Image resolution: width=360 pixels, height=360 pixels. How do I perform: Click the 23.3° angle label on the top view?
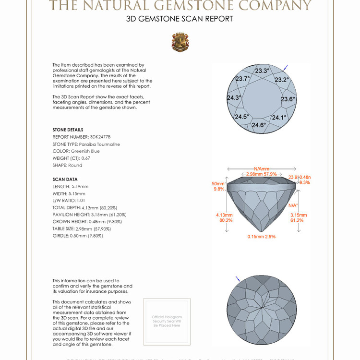[x=262, y=71]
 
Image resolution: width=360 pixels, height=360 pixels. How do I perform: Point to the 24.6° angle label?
[x=259, y=125]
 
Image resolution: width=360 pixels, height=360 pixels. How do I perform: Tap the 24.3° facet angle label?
[x=234, y=98]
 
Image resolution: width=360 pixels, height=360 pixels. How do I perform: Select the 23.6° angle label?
[x=288, y=99]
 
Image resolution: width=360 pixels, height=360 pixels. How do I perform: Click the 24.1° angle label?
[x=279, y=118]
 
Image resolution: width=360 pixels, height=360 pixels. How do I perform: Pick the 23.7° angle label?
[x=243, y=79]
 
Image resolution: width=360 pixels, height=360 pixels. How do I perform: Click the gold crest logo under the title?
[x=180, y=42]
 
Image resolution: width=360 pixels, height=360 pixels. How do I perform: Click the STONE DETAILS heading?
[x=68, y=130]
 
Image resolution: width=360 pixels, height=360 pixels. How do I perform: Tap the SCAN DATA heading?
[x=65, y=179]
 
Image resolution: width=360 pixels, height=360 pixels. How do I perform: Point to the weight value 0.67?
[x=86, y=158]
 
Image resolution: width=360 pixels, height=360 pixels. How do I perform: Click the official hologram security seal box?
[x=167, y=321]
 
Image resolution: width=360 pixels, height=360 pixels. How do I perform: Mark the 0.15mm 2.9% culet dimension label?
[x=261, y=237]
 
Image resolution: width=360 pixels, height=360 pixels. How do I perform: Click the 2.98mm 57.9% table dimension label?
[x=262, y=174]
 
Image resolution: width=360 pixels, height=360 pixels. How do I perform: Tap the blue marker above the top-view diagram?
[x=286, y=67]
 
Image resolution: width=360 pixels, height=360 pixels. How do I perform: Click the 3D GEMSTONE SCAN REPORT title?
[x=180, y=19]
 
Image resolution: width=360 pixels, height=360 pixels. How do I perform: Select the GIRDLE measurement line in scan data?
[x=78, y=236]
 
